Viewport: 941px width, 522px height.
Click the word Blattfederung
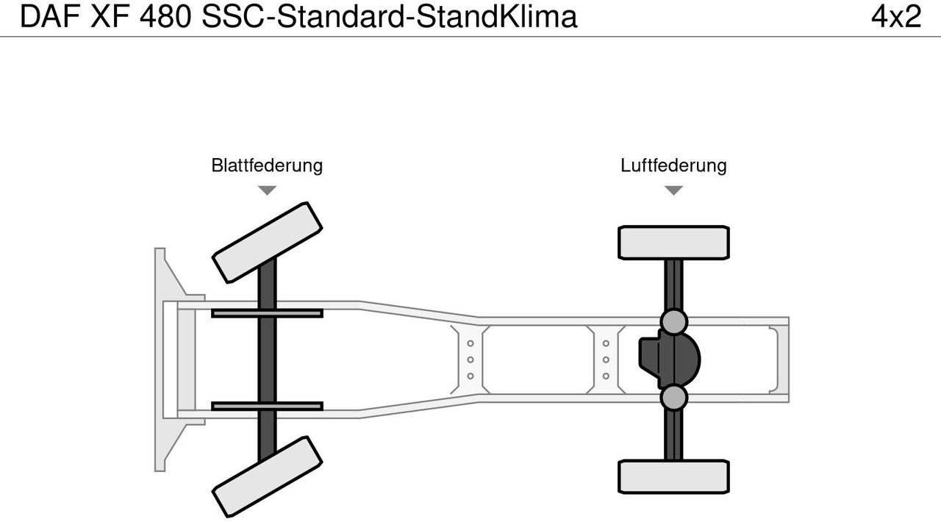[267, 165]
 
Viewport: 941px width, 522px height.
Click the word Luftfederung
[673, 165]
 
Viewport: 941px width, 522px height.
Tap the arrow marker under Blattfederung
[267, 190]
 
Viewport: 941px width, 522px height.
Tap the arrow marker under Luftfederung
[673, 190]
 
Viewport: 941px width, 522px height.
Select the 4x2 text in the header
[895, 17]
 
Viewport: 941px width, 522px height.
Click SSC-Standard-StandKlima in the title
[390, 17]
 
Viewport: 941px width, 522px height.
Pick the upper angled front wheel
[268, 242]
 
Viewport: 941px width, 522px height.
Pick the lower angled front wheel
[268, 476]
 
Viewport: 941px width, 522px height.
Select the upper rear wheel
[673, 243]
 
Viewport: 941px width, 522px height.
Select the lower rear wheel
[673, 476]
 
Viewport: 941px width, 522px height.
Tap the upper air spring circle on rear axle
[673, 321]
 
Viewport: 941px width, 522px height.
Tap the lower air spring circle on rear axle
[673, 398]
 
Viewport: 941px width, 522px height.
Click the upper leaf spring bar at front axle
[267, 313]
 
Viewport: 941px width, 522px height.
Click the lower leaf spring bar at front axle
[267, 406]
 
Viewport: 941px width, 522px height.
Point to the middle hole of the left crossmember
[470, 360]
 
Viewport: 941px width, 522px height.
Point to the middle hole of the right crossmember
[606, 360]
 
